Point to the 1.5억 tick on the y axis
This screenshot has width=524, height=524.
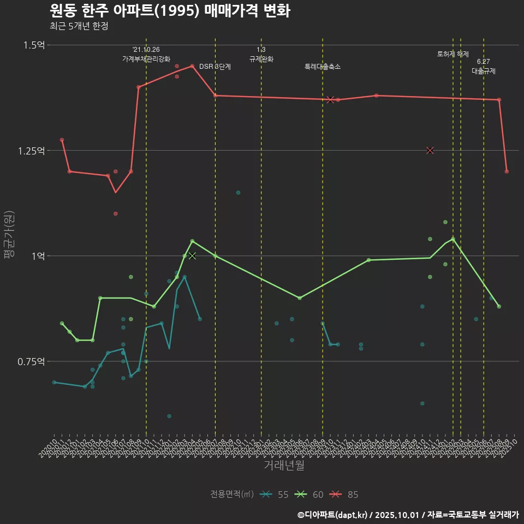pos(34,45)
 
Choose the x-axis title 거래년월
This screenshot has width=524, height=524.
pos(284,465)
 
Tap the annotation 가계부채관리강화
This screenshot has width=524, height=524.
pos(146,58)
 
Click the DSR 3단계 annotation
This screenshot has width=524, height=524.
pos(215,67)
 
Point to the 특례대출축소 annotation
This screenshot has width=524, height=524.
pos(323,67)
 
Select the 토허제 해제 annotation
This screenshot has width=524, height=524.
pos(453,54)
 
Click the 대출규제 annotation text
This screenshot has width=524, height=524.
pos(484,71)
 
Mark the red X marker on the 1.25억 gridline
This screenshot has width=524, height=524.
pos(430,150)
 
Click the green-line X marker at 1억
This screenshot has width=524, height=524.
pos(192,255)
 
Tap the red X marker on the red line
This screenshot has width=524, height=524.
pos(330,99)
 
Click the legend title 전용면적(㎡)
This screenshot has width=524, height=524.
pos(232,495)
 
